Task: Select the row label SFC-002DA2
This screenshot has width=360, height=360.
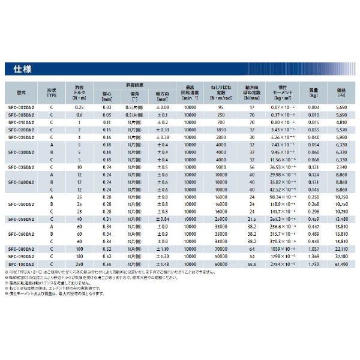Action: pyautogui.click(x=21, y=107)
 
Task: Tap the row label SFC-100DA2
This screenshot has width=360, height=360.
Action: pyautogui.click(x=21, y=263)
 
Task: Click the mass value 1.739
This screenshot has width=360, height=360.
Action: pyautogui.click(x=313, y=263)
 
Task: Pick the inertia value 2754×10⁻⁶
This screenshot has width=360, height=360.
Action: pyautogui.click(x=281, y=263)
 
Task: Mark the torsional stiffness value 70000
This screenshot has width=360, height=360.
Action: pyautogui.click(x=221, y=248)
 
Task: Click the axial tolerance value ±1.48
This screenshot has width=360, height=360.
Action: pyautogui.click(x=163, y=263)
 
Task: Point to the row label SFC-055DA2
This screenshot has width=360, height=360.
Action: pyautogui.click(x=21, y=219)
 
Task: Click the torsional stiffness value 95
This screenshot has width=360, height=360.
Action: pyautogui.click(x=221, y=107)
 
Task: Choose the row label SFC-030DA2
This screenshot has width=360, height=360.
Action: pyautogui.click(x=21, y=152)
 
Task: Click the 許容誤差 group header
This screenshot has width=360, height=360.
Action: pyautogui.click(x=135, y=84)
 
